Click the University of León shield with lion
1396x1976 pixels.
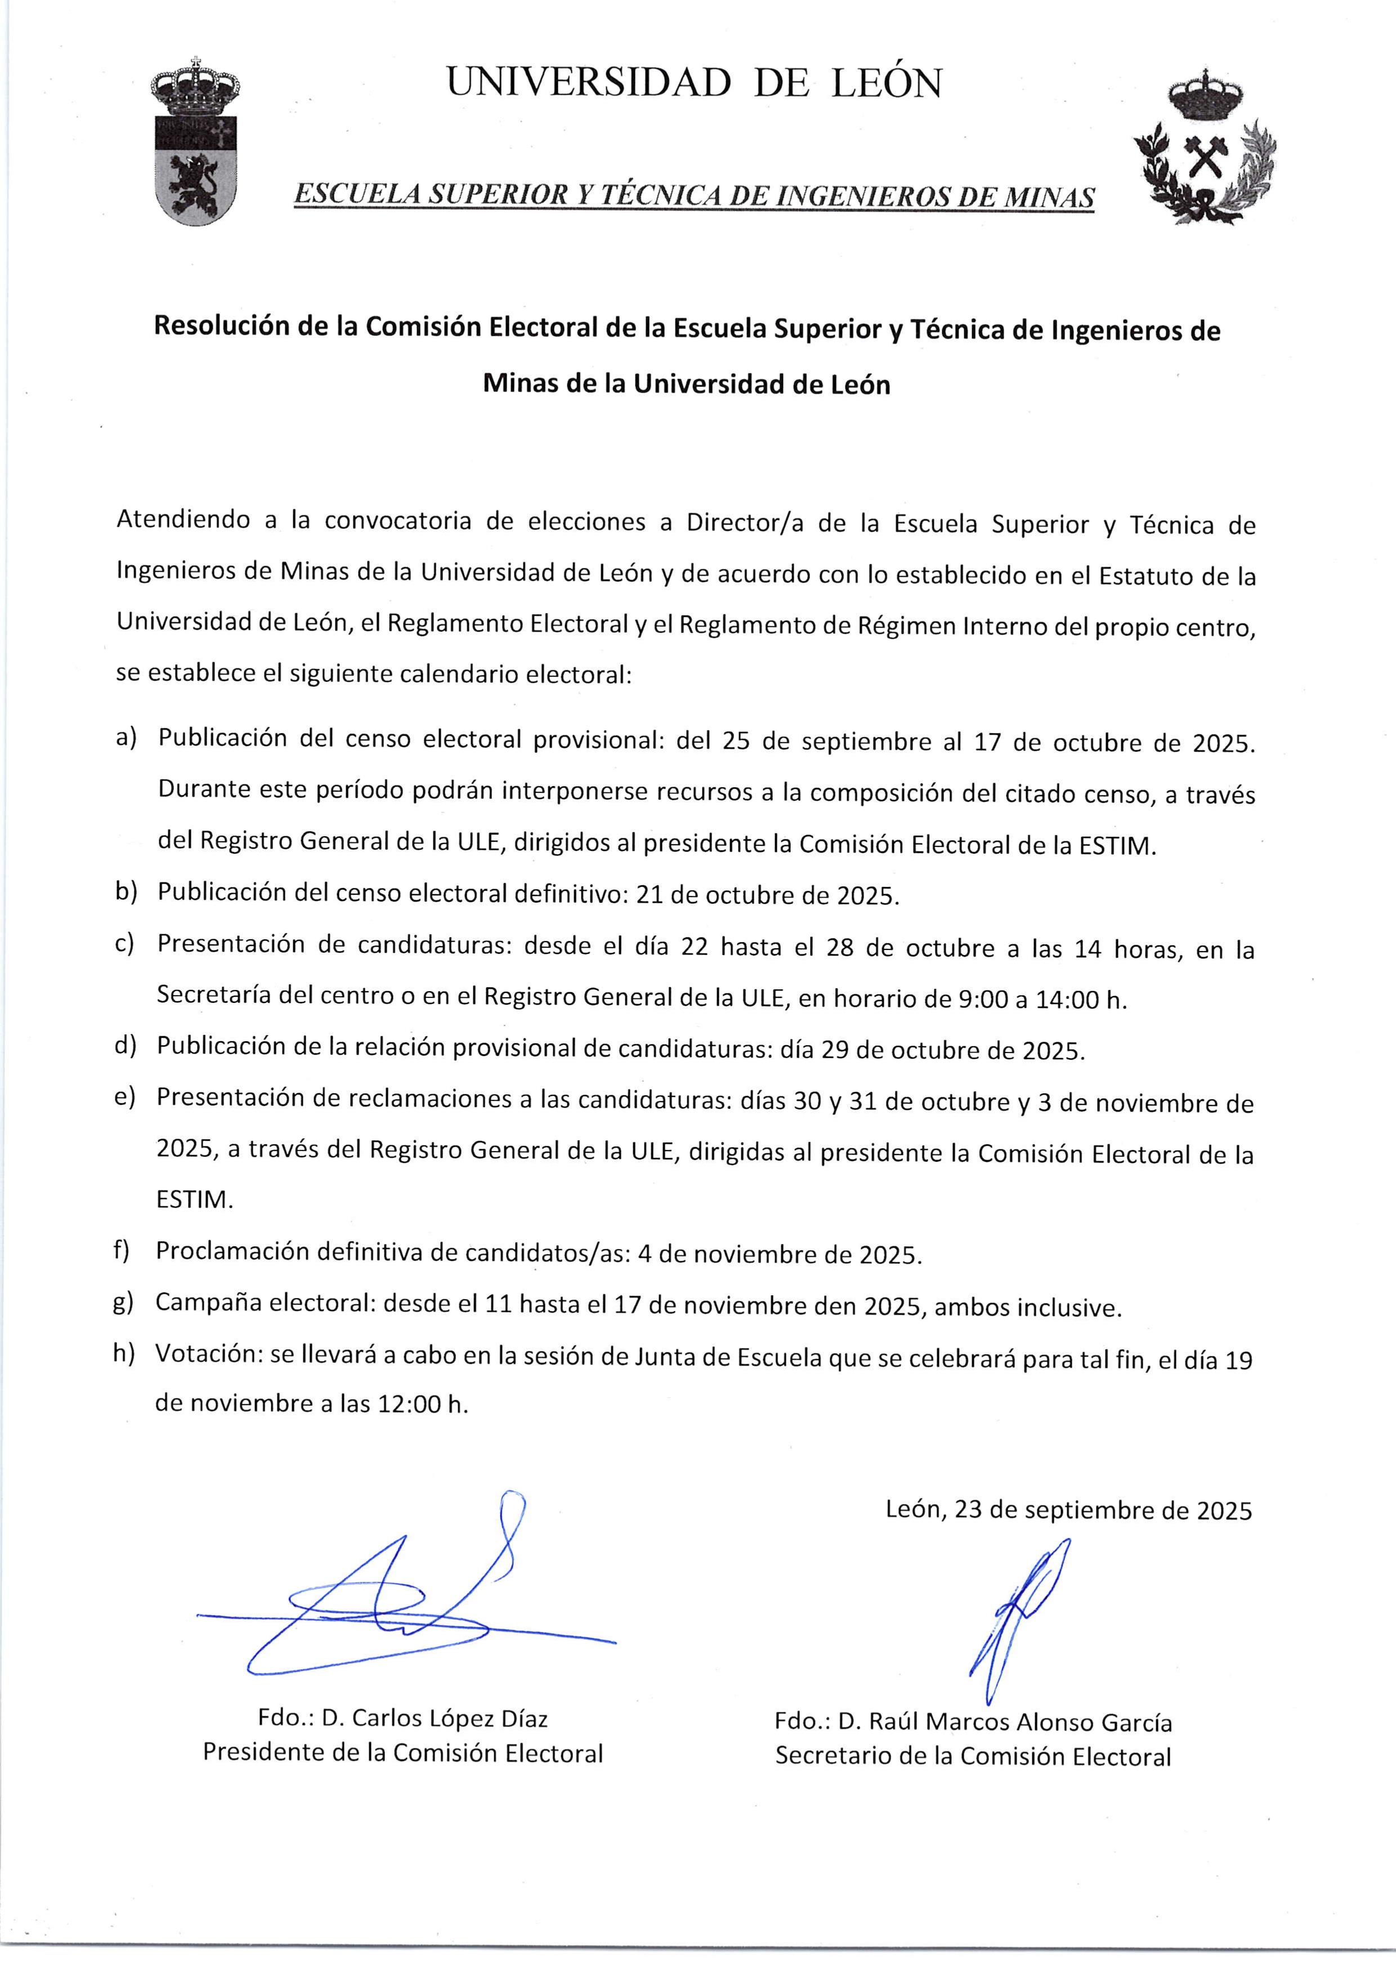point(195,146)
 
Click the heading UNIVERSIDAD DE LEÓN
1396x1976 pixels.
point(693,83)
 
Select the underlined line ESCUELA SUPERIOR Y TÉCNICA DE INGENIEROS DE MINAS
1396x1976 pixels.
point(693,196)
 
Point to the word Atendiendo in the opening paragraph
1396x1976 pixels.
point(183,521)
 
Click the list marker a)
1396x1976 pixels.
point(127,738)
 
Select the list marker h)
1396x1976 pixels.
point(125,1353)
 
